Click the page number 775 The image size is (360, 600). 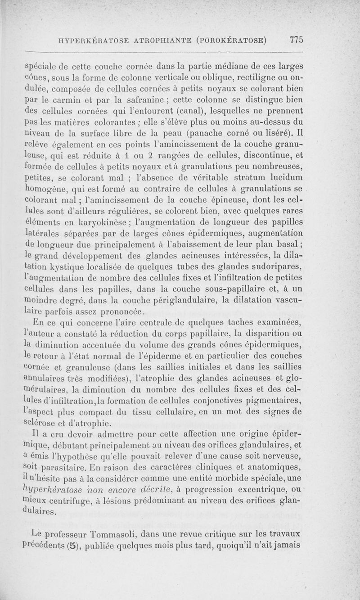(296, 39)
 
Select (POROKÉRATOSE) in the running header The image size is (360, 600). (231, 40)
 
